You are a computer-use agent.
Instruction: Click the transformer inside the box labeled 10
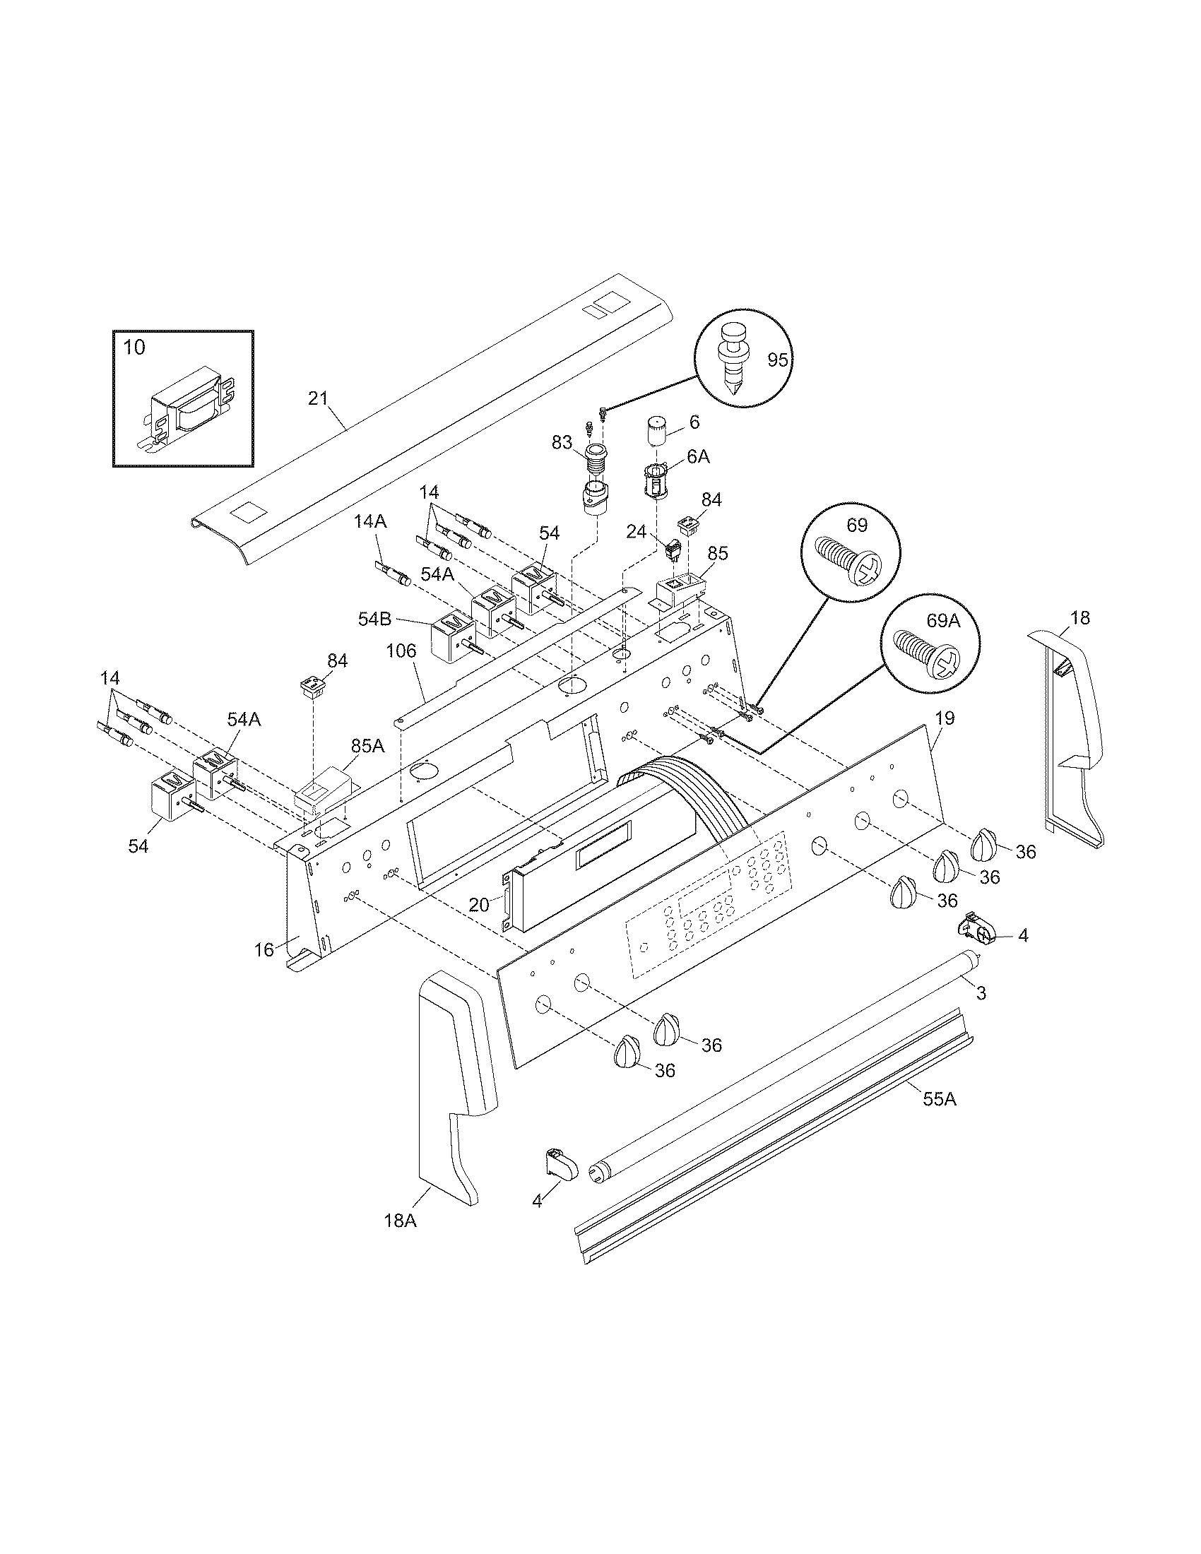[x=190, y=410]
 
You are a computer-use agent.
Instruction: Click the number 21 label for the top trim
[x=318, y=398]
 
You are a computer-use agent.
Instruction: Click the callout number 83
[x=562, y=443]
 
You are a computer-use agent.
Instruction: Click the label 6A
[x=699, y=457]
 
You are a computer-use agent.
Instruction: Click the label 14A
[x=371, y=521]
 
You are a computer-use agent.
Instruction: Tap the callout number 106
[x=401, y=651]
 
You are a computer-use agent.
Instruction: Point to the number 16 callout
[x=264, y=949]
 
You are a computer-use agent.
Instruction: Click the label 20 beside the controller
[x=479, y=904]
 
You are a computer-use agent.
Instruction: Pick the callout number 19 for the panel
[x=944, y=718]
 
